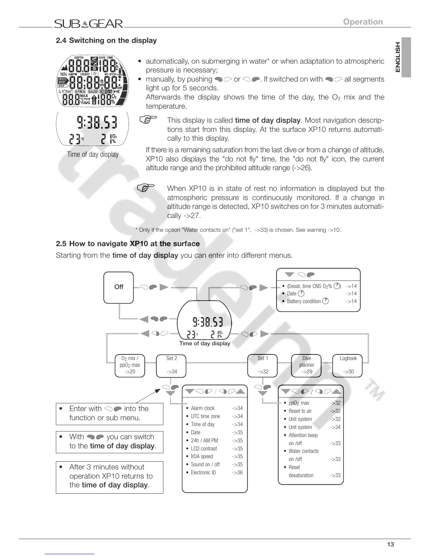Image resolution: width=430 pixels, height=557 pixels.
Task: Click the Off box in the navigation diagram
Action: tap(119, 287)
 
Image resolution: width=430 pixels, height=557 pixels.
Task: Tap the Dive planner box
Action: tap(307, 365)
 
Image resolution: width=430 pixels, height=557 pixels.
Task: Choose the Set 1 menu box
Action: tap(263, 365)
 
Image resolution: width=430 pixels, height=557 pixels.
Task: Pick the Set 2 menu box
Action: tap(171, 365)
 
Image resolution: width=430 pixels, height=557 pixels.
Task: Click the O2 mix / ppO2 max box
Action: tap(130, 365)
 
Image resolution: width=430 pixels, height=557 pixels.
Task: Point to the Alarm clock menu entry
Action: tap(203, 408)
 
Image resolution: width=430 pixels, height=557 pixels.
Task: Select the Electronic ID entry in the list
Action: tap(203, 473)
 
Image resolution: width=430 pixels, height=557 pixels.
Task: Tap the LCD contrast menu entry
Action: tap(204, 449)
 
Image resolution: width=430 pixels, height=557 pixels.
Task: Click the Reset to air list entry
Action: tap(300, 411)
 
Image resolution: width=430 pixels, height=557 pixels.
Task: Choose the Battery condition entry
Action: tap(304, 301)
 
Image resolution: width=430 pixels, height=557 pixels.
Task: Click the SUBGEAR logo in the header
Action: tap(89, 24)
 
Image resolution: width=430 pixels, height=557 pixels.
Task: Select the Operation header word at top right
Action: tap(363, 22)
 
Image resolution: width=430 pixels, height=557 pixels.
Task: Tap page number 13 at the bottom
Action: tap(390, 545)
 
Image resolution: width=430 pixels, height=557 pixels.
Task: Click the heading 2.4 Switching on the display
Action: tap(106, 40)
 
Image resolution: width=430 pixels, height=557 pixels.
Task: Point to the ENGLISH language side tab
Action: tap(398, 57)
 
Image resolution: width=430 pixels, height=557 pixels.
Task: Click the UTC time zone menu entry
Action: tap(206, 416)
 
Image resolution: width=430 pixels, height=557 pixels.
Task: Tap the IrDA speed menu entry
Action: tap(202, 456)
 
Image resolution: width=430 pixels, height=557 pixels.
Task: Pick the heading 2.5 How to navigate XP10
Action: tap(128, 244)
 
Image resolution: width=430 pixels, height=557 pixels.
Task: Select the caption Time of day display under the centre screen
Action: tap(204, 344)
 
